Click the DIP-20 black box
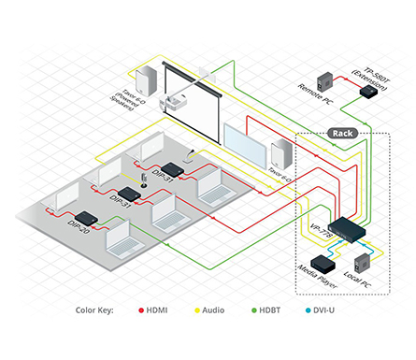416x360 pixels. point(86,219)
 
